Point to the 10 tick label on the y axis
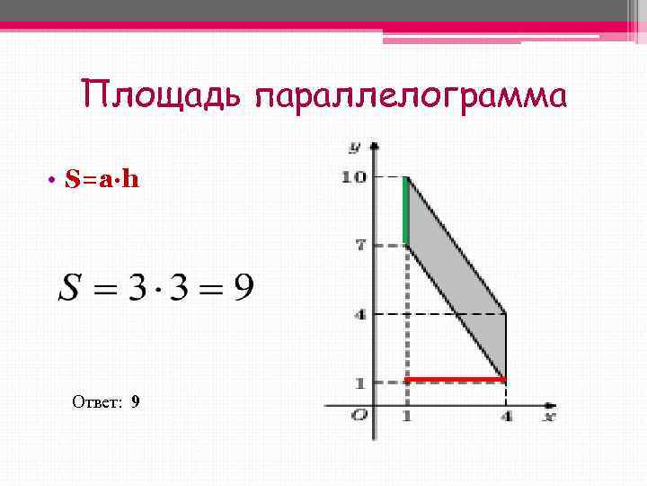click(x=353, y=177)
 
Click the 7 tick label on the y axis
click(x=359, y=244)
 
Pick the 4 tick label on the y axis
click(x=359, y=314)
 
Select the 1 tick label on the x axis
click(x=406, y=417)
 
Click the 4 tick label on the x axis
click(x=507, y=417)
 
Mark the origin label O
click(x=360, y=415)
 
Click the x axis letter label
click(x=549, y=417)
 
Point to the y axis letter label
click(x=356, y=146)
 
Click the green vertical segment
click(x=406, y=211)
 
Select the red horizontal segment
click(x=456, y=380)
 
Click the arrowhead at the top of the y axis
click(x=375, y=145)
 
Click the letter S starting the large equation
click(x=69, y=289)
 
